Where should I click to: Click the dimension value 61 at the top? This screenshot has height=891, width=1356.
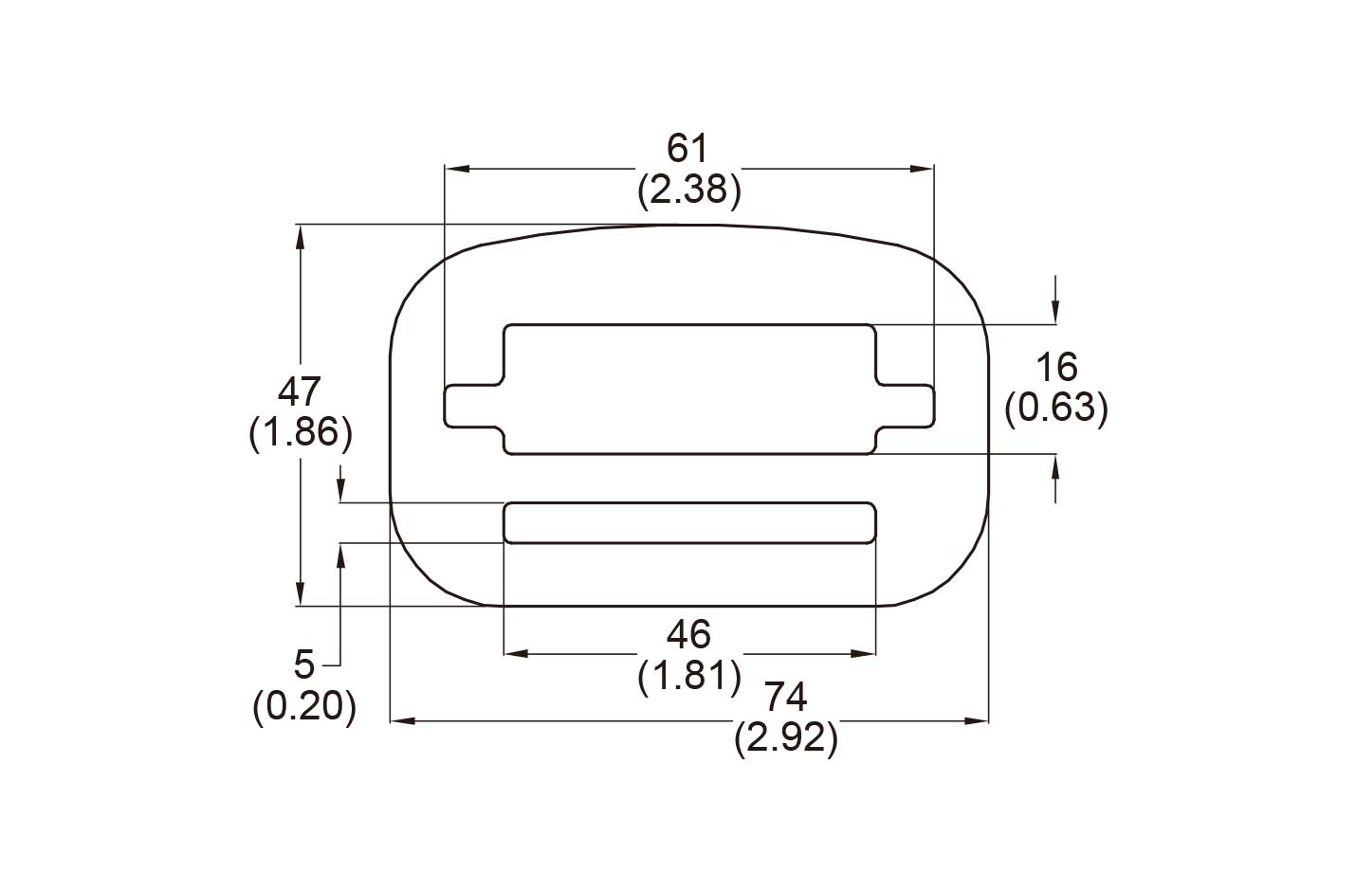tap(688, 149)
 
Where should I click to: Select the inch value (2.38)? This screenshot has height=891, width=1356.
tap(688, 191)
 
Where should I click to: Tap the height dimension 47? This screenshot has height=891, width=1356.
tap(300, 391)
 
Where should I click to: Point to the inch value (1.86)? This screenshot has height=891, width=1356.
tap(300, 433)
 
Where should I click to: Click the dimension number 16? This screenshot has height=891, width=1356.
tap(1055, 367)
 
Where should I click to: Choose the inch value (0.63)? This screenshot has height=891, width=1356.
tap(1055, 409)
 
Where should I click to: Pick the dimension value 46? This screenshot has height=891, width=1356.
tap(688, 634)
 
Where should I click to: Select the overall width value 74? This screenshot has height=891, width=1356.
tap(786, 698)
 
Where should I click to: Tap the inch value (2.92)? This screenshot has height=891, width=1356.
tap(786, 739)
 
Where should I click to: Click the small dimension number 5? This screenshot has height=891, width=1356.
tap(303, 665)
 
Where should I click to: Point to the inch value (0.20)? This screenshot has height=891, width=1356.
tap(303, 707)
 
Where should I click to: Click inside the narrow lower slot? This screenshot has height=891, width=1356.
tap(688, 523)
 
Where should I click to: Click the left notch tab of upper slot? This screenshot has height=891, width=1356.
tap(472, 406)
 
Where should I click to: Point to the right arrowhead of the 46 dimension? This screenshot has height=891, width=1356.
tap(864, 654)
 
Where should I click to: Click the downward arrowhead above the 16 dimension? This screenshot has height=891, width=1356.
tap(1055, 313)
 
